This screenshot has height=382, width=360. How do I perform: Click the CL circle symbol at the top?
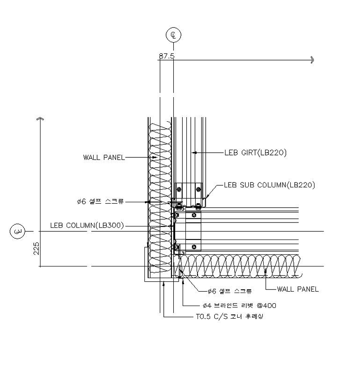pyautogui.click(x=173, y=35)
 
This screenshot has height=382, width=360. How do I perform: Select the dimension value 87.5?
pyautogui.click(x=167, y=56)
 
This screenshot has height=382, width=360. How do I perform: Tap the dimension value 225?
pyautogui.click(x=36, y=248)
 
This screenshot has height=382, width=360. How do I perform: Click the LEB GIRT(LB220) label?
pyautogui.click(x=255, y=153)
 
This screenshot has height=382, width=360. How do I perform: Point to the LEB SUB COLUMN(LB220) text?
pyautogui.click(x=270, y=185)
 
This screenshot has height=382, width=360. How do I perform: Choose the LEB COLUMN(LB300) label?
pyautogui.click(x=87, y=225)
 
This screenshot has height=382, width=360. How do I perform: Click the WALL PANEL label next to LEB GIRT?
pyautogui.click(x=104, y=157)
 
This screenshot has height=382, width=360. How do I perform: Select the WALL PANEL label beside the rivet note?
pyautogui.click(x=298, y=289)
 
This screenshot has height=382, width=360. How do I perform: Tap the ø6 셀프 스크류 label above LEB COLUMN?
pyautogui.click(x=100, y=201)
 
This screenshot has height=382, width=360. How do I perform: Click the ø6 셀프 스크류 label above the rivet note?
pyautogui.click(x=229, y=291)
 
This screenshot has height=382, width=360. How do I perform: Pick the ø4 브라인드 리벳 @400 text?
pyautogui.click(x=239, y=306)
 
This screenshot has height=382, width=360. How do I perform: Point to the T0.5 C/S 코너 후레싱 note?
pyautogui.click(x=229, y=316)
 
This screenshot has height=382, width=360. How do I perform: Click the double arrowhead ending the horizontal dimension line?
pyautogui.click(x=312, y=60)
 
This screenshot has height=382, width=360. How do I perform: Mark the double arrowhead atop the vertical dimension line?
pyautogui.click(x=40, y=119)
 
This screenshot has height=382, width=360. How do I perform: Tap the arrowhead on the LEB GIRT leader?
pyautogui.click(x=194, y=153)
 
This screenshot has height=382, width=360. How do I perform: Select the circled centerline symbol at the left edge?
pyautogui.click(x=18, y=231)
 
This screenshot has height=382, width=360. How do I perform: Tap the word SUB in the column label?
pyautogui.click(x=247, y=185)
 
